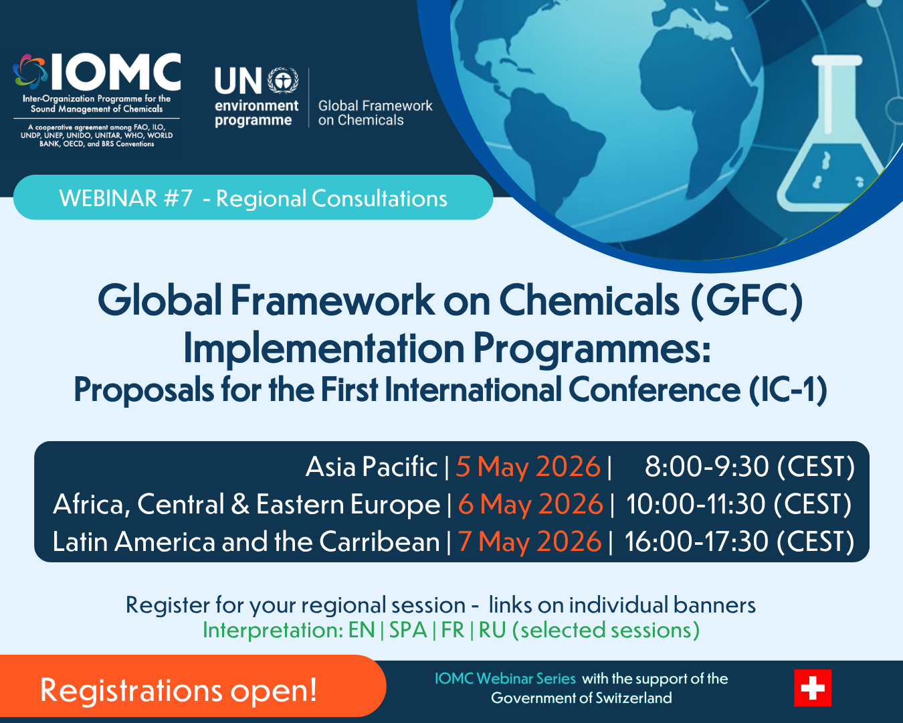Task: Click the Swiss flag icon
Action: [812, 688]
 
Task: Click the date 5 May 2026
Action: [528, 467]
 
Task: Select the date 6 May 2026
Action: [530, 503]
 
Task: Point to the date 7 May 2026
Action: [530, 541]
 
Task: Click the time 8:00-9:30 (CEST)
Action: [749, 467]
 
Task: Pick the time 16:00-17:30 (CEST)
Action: [739, 542]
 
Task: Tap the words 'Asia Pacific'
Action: [371, 467]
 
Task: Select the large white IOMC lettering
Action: [116, 72]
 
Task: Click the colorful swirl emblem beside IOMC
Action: [30, 72]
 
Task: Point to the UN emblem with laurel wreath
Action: [283, 80]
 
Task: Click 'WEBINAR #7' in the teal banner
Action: [126, 198]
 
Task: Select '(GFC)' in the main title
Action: [747, 301]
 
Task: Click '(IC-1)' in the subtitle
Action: [789, 390]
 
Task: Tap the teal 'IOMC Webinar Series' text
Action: [505, 678]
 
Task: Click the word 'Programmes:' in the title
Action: [592, 348]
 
